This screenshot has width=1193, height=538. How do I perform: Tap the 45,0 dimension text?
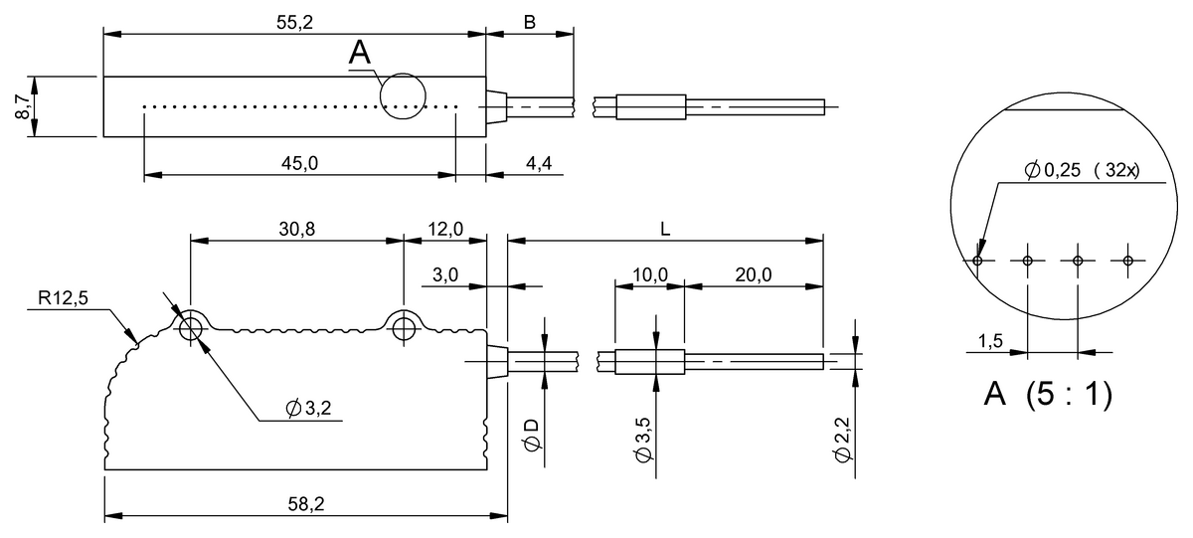click(298, 163)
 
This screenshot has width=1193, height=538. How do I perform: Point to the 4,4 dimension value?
click(539, 163)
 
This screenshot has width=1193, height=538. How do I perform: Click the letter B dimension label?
click(530, 21)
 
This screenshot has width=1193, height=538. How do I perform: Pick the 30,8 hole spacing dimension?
click(296, 229)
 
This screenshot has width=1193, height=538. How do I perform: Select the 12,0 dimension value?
click(443, 229)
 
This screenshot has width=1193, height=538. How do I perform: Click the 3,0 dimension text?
click(443, 274)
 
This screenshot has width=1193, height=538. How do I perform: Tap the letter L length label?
click(665, 229)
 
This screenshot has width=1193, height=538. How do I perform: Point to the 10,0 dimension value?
click(648, 274)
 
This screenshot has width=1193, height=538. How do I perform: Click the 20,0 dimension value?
click(754, 274)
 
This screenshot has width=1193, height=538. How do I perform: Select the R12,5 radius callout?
click(64, 298)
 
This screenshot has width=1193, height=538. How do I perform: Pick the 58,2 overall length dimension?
click(306, 506)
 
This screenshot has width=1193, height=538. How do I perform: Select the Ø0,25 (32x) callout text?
click(1081, 171)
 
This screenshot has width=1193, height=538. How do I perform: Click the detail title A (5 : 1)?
click(1047, 394)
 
